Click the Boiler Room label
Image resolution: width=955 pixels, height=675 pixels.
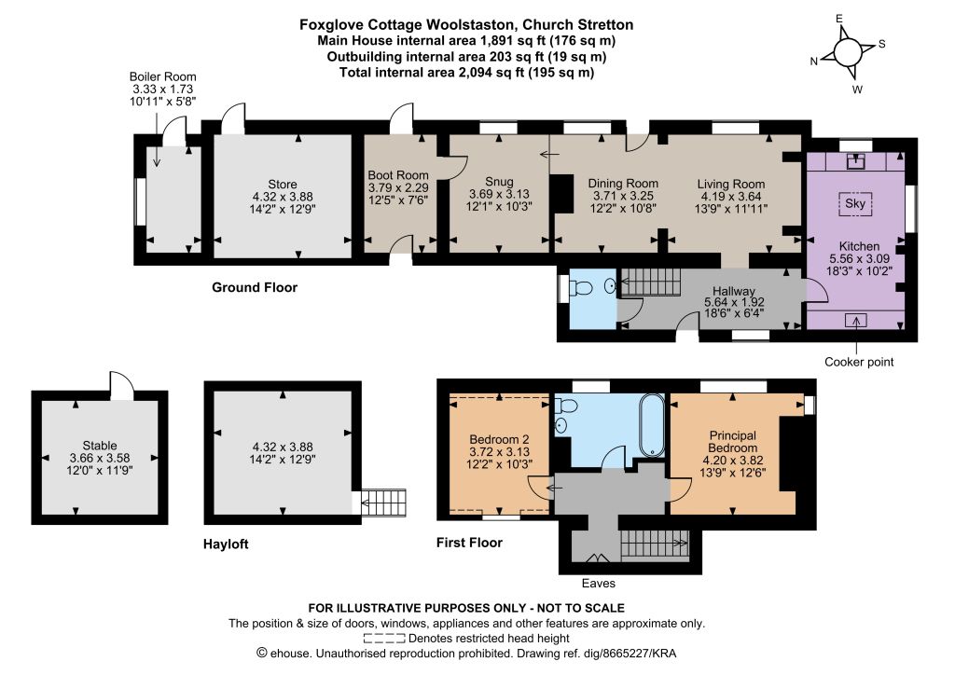coord(162,76)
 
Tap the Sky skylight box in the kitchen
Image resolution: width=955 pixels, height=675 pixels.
coord(855,203)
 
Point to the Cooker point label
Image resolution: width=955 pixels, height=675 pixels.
coord(859,362)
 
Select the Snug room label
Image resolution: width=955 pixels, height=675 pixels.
coord(499,182)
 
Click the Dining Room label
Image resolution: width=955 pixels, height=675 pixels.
coord(623,184)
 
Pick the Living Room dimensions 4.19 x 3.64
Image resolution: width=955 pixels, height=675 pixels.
coord(731,196)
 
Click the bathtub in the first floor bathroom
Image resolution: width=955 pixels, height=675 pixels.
coord(651,424)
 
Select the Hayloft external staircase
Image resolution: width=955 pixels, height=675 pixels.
coord(383,503)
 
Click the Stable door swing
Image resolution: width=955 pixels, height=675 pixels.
coord(121,384)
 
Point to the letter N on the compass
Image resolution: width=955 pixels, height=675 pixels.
coord(813,61)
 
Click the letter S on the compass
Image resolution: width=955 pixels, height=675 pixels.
coord(881,44)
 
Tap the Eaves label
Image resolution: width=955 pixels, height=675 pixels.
coord(598,583)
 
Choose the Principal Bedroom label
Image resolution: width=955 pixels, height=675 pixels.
coord(733,441)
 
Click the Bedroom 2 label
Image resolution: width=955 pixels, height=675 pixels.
coord(499,439)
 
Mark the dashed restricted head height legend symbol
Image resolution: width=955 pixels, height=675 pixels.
coord(384,639)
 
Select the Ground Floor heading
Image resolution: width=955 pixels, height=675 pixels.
coord(255,287)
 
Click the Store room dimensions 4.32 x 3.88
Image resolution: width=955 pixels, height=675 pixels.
coord(283,197)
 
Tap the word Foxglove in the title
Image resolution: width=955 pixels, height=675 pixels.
coord(325,25)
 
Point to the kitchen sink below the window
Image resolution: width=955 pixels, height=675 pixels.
coord(856,161)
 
